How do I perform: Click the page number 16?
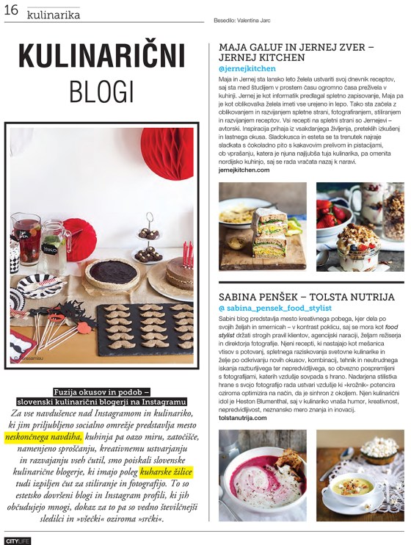point(12,11)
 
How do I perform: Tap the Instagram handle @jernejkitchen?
point(247,68)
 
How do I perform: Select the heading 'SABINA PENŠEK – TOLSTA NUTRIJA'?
point(306,297)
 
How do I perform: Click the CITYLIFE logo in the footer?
point(16,540)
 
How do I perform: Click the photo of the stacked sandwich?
point(262,226)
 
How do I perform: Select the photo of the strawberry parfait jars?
point(360,226)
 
